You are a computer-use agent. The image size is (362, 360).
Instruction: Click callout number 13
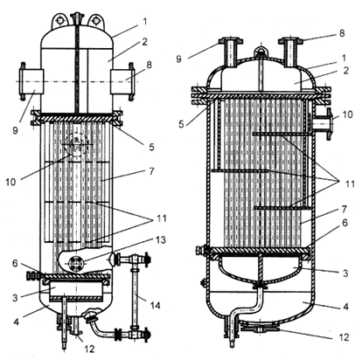pos(160,239)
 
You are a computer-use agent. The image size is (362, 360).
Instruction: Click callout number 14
pos(155,305)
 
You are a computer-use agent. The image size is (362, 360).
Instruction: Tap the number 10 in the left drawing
pos(10,182)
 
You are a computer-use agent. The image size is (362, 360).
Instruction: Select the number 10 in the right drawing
pos(347,114)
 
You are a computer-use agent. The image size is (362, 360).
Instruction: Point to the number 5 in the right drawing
pos(181,124)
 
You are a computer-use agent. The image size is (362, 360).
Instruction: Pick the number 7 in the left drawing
pos(151,171)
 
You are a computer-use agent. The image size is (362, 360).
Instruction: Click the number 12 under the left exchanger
pos(89,349)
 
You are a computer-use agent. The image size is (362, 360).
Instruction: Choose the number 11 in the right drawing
pos(349,183)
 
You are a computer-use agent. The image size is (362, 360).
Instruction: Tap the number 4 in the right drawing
pos(345,307)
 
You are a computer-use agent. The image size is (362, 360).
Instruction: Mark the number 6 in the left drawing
pos(15,264)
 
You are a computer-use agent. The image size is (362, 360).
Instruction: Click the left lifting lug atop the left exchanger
pos(60,20)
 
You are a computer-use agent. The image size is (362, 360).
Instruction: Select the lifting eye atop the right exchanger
pos(261,52)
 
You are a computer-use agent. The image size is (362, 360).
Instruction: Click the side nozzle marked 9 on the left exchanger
pos(31,81)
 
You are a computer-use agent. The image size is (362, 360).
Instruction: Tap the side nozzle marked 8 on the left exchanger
pos(122,81)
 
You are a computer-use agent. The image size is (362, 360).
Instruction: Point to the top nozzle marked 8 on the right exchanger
pos(290,52)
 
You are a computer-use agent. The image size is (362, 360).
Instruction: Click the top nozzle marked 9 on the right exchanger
pos(232,52)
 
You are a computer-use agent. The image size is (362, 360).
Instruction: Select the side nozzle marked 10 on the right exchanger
pos(323,124)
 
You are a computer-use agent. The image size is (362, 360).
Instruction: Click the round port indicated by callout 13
pos(76,263)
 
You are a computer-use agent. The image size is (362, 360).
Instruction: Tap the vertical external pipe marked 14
pos(135,296)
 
